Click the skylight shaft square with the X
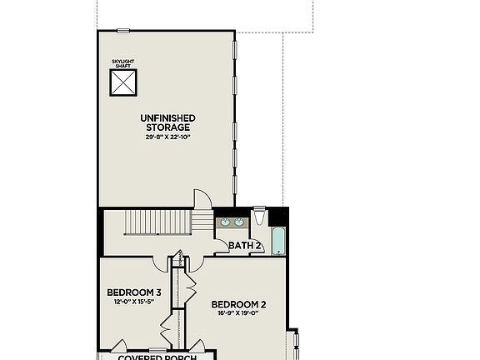tap(123, 82)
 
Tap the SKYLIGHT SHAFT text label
tap(123, 63)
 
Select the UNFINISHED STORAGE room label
tap(168, 122)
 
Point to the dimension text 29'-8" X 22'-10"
tap(168, 137)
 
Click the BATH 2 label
tap(245, 247)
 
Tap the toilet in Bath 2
tap(259, 218)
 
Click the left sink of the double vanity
tap(223, 222)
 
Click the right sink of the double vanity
tap(239, 222)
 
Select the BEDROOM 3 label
tap(134, 292)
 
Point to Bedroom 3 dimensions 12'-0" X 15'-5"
tap(134, 302)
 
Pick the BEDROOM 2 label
tap(238, 304)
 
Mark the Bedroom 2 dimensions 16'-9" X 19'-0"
tap(238, 314)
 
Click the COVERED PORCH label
tap(157, 357)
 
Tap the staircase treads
tap(157, 222)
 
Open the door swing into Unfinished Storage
tap(203, 198)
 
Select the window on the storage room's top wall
tap(123, 31)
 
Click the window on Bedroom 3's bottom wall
tap(157, 350)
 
